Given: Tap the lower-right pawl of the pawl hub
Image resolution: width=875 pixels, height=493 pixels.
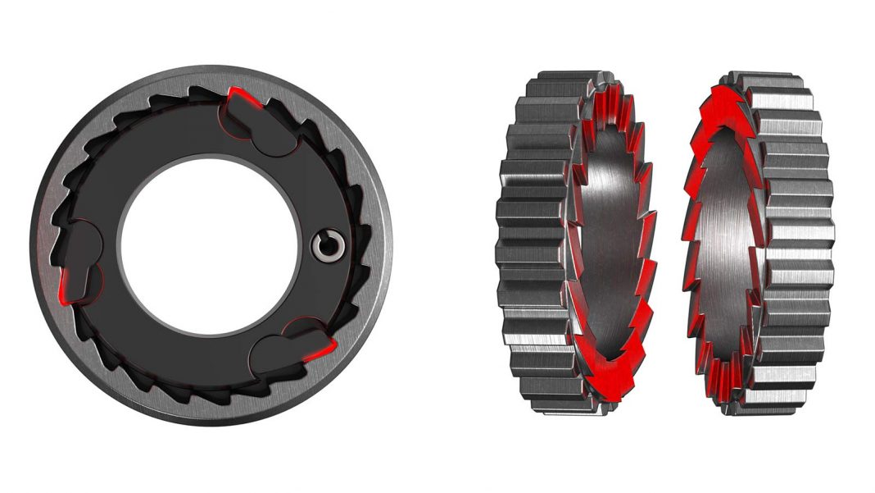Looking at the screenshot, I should pos(287,349).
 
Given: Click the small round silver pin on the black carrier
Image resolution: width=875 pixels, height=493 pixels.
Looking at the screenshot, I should pos(330,243).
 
